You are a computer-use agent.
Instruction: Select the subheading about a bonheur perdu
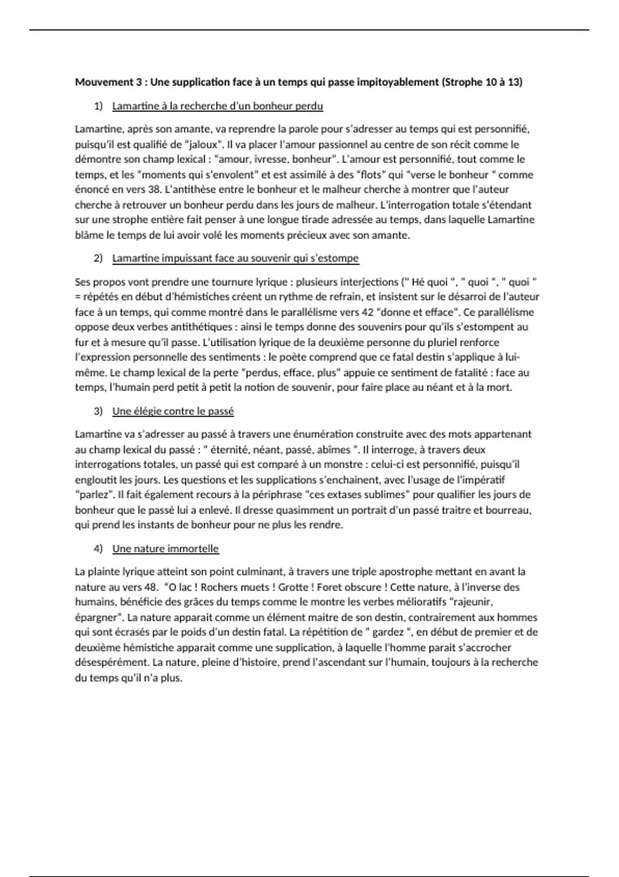217,106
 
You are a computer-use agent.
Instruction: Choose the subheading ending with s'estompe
235,258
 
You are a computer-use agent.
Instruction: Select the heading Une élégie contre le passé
173,411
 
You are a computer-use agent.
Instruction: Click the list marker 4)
98,549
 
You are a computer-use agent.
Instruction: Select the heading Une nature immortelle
166,549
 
